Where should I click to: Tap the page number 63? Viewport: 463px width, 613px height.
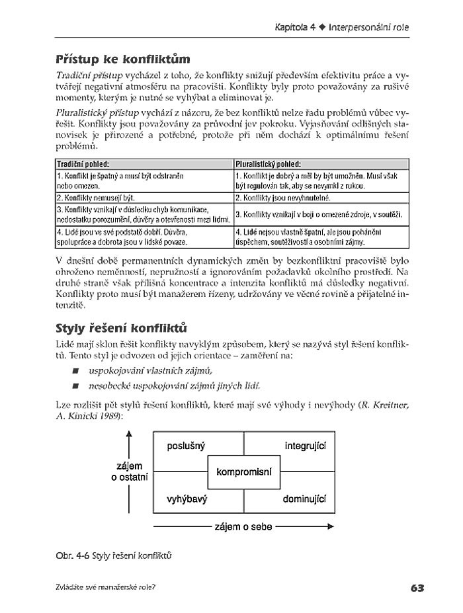(x=417, y=587)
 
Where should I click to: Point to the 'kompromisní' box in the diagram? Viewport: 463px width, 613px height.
(x=244, y=471)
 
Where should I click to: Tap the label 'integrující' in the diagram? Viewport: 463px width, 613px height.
(x=306, y=446)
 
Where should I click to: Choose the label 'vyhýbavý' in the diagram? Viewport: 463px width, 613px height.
(x=187, y=499)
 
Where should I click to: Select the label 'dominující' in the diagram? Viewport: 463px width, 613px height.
(x=304, y=499)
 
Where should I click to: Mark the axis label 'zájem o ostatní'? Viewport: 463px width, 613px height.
(x=129, y=471)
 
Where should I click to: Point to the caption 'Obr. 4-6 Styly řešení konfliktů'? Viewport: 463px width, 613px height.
(x=114, y=555)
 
